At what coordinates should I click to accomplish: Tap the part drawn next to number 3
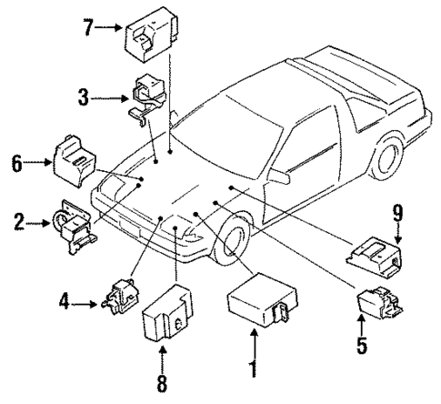click(145, 96)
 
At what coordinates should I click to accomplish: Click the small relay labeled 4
click(120, 298)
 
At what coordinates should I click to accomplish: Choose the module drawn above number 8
click(165, 314)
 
